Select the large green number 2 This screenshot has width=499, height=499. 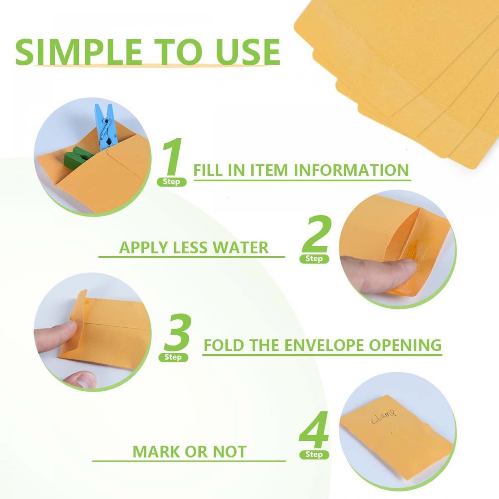[315, 235]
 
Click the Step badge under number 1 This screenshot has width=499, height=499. [172, 182]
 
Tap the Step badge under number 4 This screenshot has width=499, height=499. [314, 454]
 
